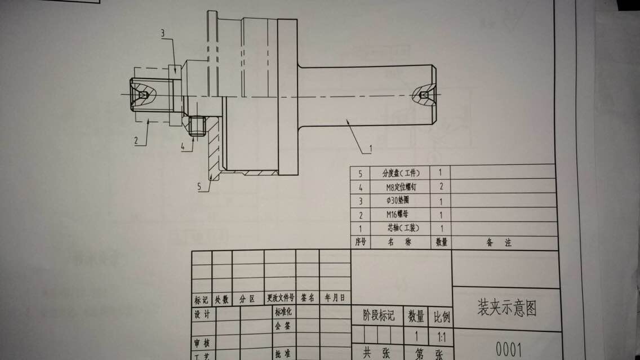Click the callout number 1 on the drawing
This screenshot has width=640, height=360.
pos(370,149)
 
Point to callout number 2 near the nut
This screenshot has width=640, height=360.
pos(137,141)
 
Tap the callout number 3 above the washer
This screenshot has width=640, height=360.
pos(162,33)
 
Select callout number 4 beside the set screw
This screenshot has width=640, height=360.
pos(183,147)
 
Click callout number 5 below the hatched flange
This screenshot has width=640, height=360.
pos(199,185)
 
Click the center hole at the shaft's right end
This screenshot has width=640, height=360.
pos(424,95)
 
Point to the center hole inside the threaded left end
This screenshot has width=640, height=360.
pos(143,95)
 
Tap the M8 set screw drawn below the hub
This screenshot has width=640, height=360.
pos(197,126)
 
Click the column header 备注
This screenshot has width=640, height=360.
pos(499,243)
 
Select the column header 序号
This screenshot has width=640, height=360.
pos(361,243)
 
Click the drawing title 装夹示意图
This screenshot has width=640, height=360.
pos(506,309)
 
